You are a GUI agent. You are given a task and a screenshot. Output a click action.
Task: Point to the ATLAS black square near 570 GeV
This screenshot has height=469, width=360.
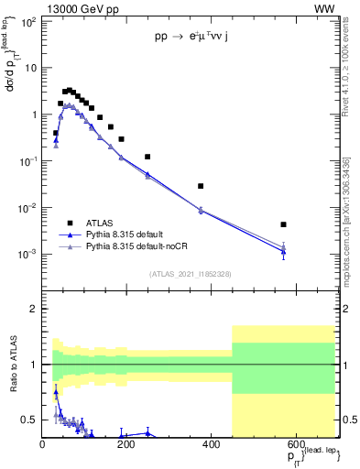click(x=284, y=224)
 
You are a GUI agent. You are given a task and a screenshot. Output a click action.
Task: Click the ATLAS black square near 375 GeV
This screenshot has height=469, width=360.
click(x=201, y=186)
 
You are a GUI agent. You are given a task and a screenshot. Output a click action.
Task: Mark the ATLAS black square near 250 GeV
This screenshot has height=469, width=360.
click(x=147, y=157)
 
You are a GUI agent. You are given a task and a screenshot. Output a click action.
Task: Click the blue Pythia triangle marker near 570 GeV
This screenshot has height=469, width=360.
click(x=284, y=252)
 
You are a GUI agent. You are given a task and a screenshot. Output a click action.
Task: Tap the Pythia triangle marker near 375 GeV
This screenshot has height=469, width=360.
click(x=201, y=210)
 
